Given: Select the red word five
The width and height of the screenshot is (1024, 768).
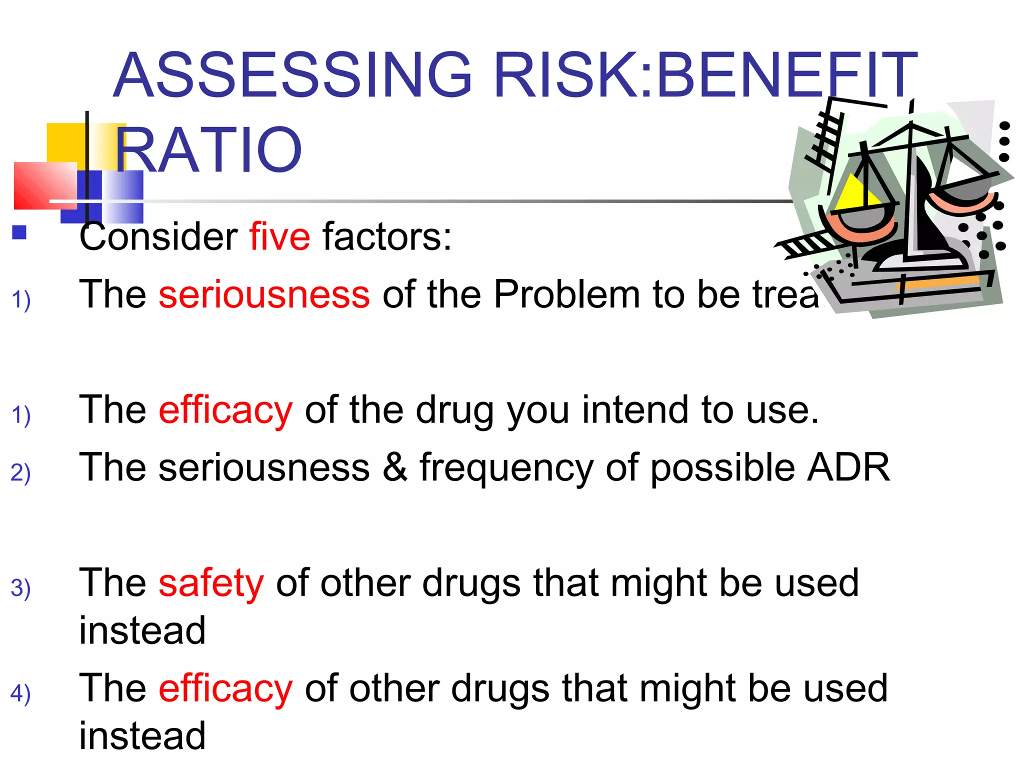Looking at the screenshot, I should point(280,236).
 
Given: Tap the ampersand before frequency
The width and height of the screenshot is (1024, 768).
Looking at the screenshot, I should point(395,467).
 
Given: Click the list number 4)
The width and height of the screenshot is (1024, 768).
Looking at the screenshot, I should point(20,693).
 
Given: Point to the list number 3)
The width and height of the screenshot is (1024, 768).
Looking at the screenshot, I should point(20,588).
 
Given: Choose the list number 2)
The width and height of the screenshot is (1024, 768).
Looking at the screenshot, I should point(20,472).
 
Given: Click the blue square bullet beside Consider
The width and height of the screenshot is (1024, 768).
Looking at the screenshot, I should point(19,232).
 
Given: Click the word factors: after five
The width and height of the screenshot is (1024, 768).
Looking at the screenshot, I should point(387,236).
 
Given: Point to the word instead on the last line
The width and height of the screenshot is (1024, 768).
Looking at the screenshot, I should point(142,736).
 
